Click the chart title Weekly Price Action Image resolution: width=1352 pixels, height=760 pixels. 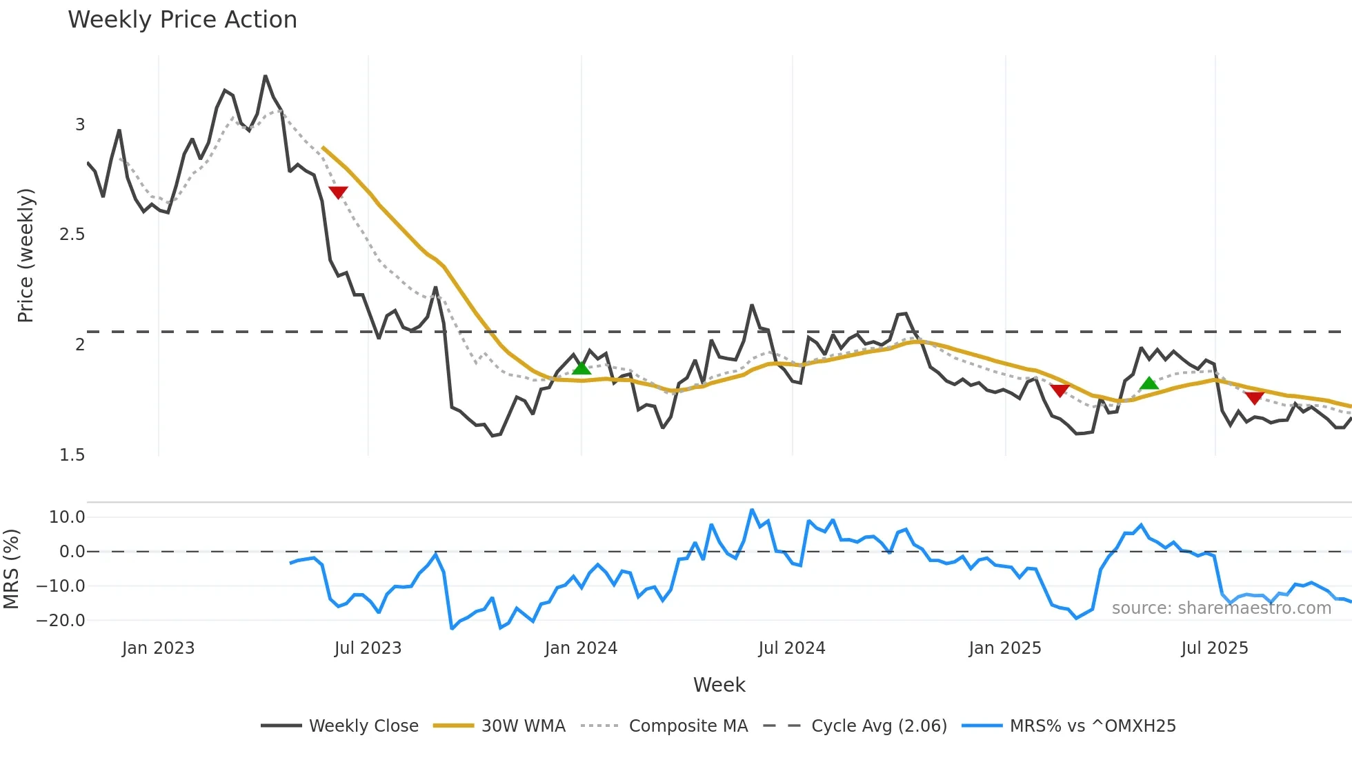[182, 20]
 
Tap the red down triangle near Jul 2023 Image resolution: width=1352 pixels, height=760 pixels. [338, 192]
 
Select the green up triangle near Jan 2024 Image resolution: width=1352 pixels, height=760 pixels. [581, 368]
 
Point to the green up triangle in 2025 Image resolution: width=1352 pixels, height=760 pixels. [1149, 383]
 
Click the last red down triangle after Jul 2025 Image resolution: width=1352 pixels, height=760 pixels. [1254, 398]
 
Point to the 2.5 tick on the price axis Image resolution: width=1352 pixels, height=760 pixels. [72, 234]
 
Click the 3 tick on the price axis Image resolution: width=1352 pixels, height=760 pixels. [80, 125]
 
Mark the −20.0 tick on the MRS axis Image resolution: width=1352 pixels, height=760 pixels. [61, 621]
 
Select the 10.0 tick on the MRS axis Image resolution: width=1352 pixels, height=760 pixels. [67, 517]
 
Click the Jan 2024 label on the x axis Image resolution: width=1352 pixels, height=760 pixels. [581, 648]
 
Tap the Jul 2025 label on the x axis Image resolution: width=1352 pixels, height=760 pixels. [1215, 648]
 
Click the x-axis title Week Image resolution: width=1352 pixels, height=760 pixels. [719, 685]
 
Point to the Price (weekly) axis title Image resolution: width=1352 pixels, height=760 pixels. [26, 255]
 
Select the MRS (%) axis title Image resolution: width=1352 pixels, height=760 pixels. [11, 569]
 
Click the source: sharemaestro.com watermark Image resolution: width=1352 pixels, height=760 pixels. [1221, 608]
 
